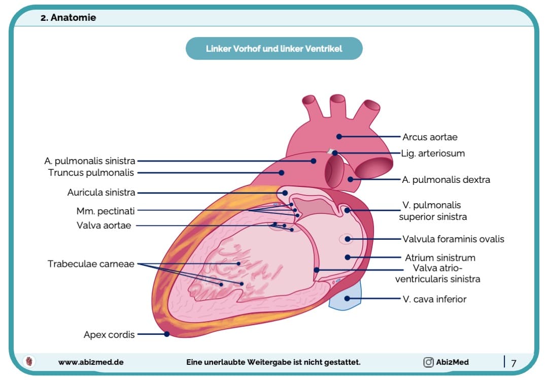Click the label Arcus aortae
pos(430,137)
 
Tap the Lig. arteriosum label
pos(433,153)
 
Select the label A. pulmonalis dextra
pos(446,180)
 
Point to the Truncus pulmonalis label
pos(91,173)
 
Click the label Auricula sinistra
pos(101,193)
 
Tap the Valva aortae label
pos(104,226)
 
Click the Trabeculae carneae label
pos(91,264)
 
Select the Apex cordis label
pos(109,335)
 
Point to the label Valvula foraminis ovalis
pos(453,239)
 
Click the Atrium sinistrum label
pos(440,258)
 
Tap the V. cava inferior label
pos(434,299)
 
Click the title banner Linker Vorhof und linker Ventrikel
pos(274,49)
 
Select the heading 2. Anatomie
pos(68,18)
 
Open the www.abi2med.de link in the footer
pos(91,362)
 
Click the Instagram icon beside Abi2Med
pos(428,362)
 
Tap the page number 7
pos(513,363)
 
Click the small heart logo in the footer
pos(30,362)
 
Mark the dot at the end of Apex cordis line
pos(167,334)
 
